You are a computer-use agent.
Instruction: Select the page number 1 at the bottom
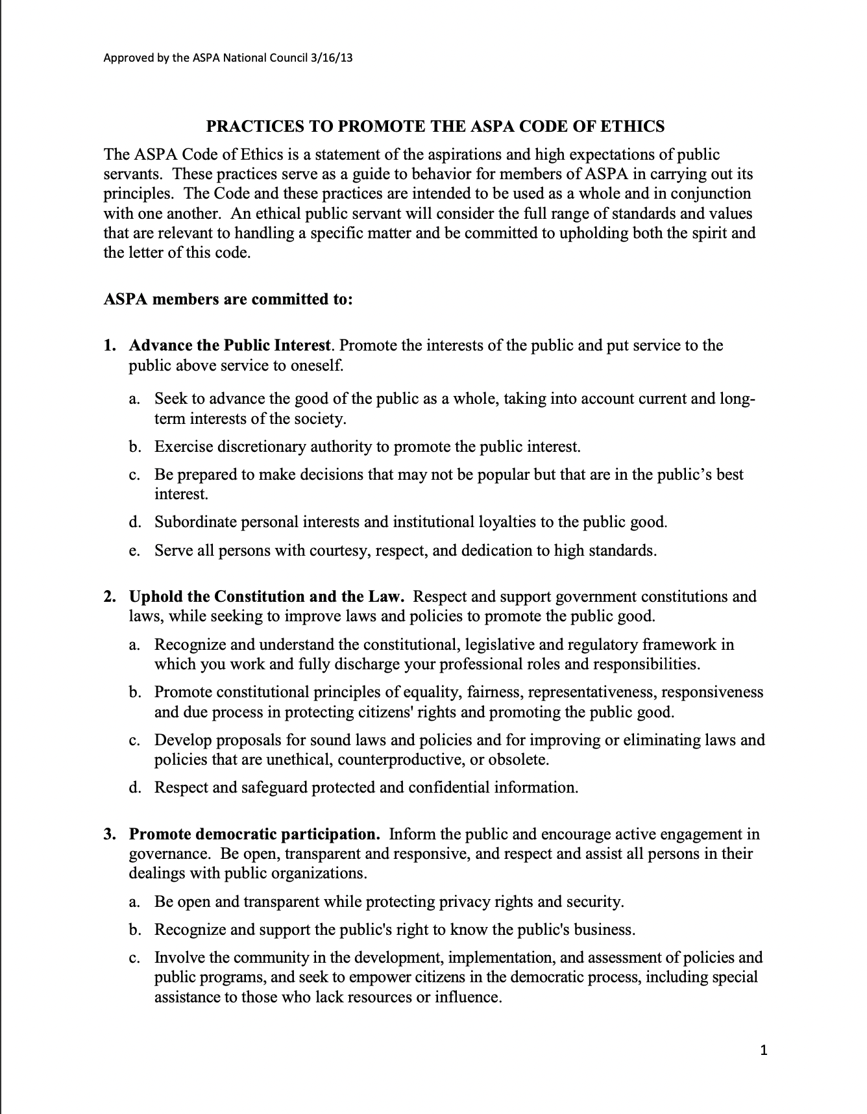pos(764,1050)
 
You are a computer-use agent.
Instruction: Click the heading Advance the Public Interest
pos(230,345)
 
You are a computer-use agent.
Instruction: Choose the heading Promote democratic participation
pos(254,834)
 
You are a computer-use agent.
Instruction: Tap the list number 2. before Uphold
pos(110,597)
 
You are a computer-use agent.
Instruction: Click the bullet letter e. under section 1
pos(134,551)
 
